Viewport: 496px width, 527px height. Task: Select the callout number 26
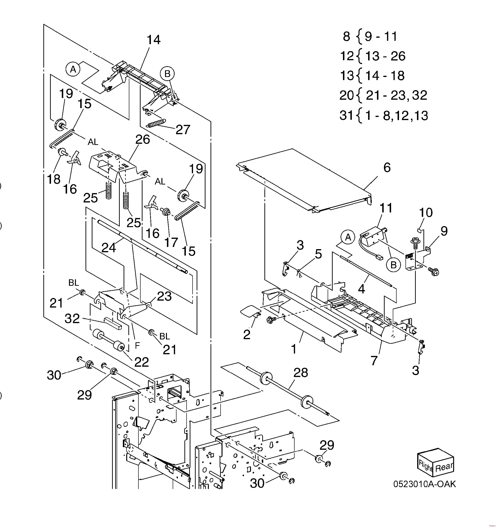143,139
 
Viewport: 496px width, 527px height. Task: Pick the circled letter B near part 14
167,74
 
